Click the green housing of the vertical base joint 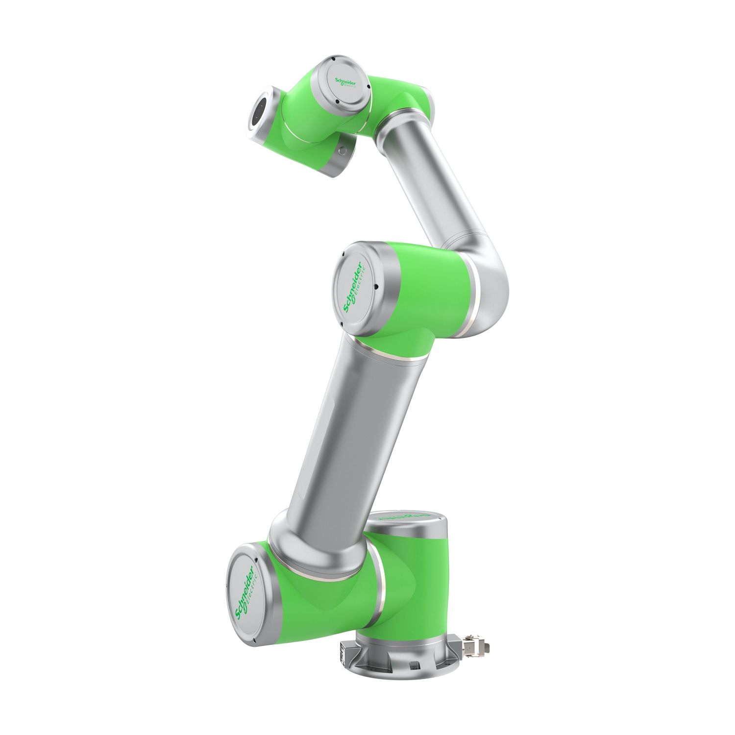tap(416, 583)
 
